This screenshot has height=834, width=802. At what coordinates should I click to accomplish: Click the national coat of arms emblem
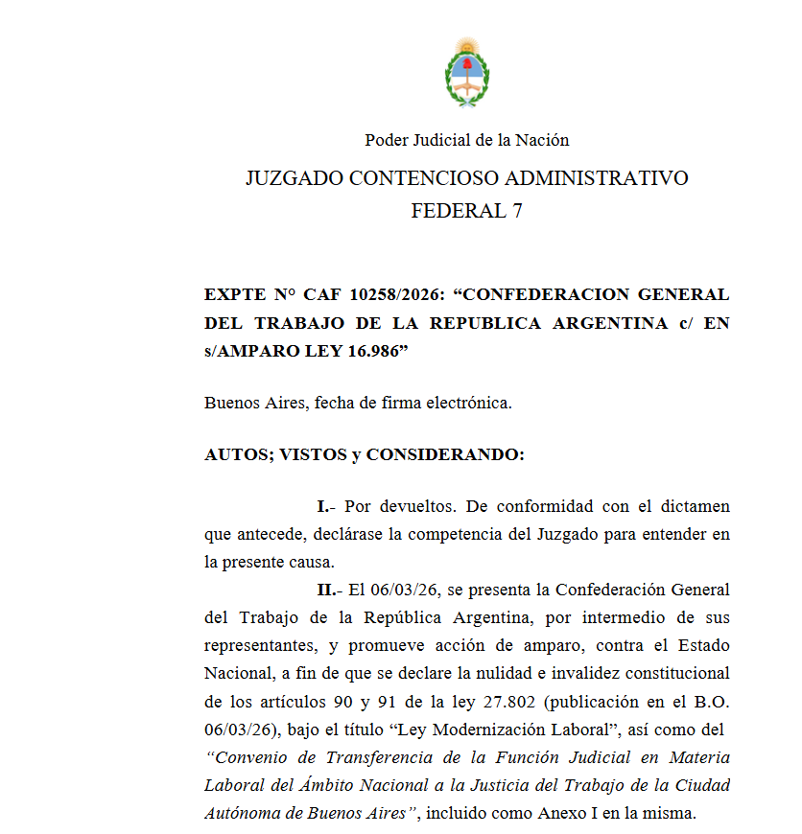[467, 73]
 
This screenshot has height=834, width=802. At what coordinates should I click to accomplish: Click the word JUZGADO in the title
[292, 178]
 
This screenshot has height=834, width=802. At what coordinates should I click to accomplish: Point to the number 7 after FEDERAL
[517, 211]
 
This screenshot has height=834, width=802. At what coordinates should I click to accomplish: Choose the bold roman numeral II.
[324, 589]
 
